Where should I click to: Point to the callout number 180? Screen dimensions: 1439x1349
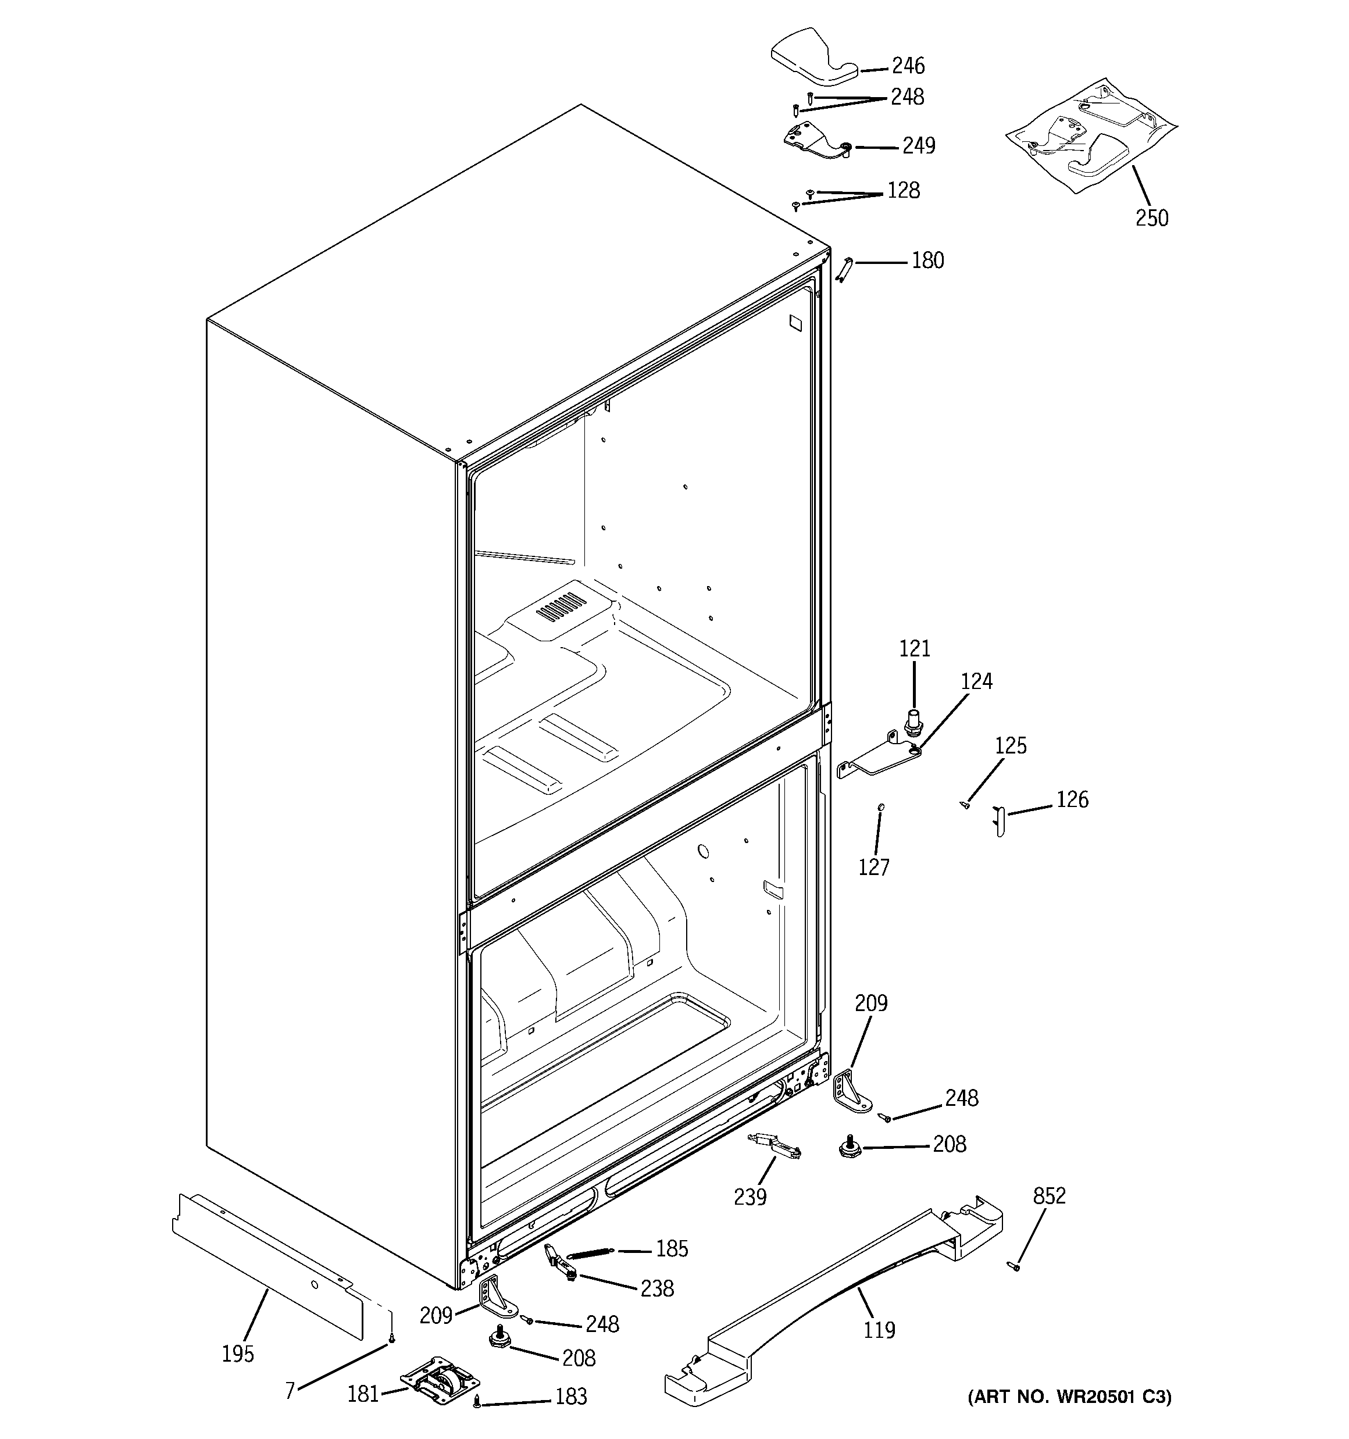click(x=927, y=260)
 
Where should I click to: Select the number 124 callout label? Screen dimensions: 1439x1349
click(x=976, y=681)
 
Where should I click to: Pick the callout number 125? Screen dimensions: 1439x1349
click(x=1010, y=745)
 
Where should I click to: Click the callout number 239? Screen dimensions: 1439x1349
click(x=750, y=1197)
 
